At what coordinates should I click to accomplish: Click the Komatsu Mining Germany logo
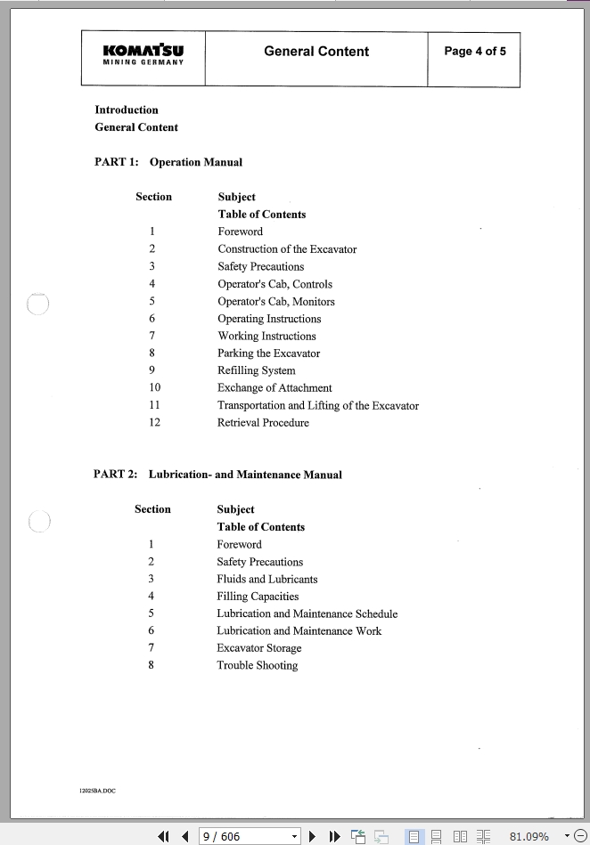(143, 54)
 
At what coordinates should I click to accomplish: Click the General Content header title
(315, 52)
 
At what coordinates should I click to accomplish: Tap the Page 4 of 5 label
(474, 51)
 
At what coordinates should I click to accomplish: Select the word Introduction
(127, 110)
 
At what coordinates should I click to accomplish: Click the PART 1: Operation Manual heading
(168, 162)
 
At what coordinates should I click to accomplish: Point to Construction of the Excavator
(287, 249)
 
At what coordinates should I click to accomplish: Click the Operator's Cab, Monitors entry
(276, 301)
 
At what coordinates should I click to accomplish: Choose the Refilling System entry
(257, 370)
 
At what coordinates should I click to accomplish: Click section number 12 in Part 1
(154, 423)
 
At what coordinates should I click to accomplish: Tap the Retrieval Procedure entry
(263, 423)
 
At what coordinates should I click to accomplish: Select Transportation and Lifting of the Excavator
(318, 405)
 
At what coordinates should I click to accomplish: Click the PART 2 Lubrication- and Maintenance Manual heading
(217, 475)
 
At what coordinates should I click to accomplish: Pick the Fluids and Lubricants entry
(266, 579)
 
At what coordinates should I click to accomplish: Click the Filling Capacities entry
(258, 597)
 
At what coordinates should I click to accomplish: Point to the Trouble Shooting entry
(257, 665)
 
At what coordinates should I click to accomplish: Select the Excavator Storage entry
(258, 648)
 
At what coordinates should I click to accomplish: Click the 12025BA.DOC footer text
(98, 791)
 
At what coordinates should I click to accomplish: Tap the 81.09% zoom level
(529, 836)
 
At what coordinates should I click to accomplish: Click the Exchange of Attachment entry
(275, 388)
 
